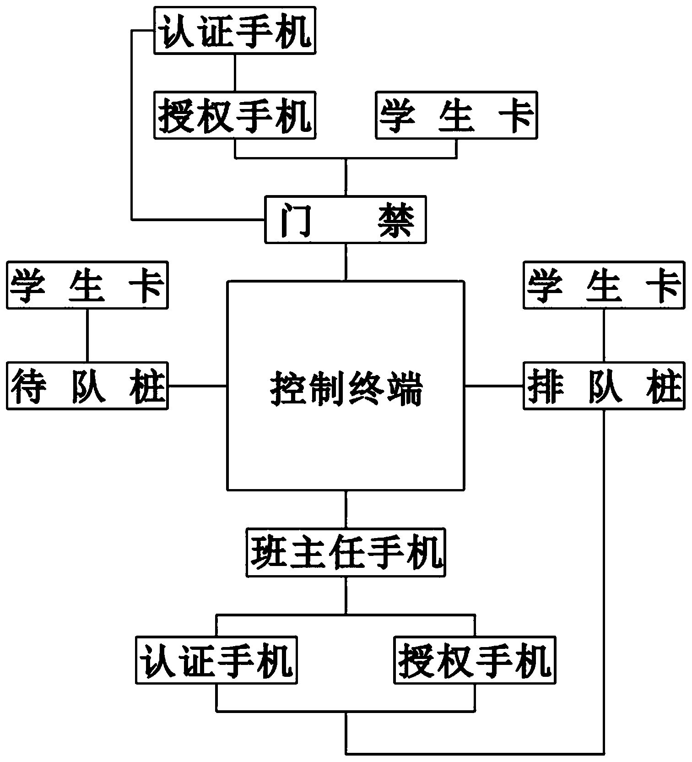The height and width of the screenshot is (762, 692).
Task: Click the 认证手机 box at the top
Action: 235,30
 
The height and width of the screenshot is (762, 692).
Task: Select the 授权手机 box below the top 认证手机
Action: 235,115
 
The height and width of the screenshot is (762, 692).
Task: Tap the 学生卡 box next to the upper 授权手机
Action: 456,115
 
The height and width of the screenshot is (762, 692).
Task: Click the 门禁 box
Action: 346,219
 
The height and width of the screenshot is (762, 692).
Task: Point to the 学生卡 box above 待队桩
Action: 87,285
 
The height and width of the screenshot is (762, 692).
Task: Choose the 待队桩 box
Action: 87,386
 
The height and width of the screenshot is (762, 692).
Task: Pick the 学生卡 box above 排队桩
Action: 604,285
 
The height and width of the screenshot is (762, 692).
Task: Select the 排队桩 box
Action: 604,386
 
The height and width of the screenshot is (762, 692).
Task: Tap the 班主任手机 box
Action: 346,552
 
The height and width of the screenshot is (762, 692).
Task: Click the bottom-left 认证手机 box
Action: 216,660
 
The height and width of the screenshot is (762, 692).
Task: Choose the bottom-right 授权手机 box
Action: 475,660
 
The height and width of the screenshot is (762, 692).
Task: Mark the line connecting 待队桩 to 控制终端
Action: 198,386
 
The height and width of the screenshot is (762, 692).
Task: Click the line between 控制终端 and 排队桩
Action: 494,386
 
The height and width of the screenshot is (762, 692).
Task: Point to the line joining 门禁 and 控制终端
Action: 346,261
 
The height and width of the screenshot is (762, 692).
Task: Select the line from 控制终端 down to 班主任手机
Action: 346,509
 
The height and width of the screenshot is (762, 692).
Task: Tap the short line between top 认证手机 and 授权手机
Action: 235,73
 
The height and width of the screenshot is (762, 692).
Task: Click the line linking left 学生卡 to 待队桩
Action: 87,335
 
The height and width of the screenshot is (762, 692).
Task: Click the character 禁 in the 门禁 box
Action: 396,220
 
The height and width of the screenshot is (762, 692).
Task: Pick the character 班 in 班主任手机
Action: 267,552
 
